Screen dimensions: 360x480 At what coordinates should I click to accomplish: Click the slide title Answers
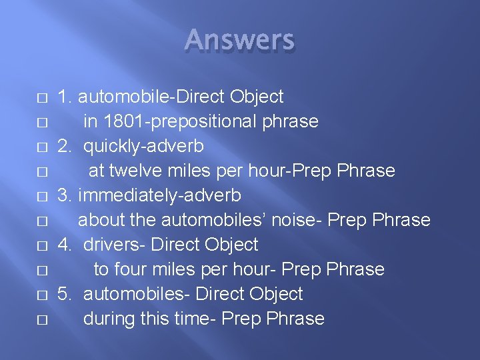click(x=239, y=40)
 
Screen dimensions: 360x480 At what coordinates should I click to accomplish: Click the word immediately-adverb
click(x=159, y=195)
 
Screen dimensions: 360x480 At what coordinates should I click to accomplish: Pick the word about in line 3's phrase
click(x=99, y=220)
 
